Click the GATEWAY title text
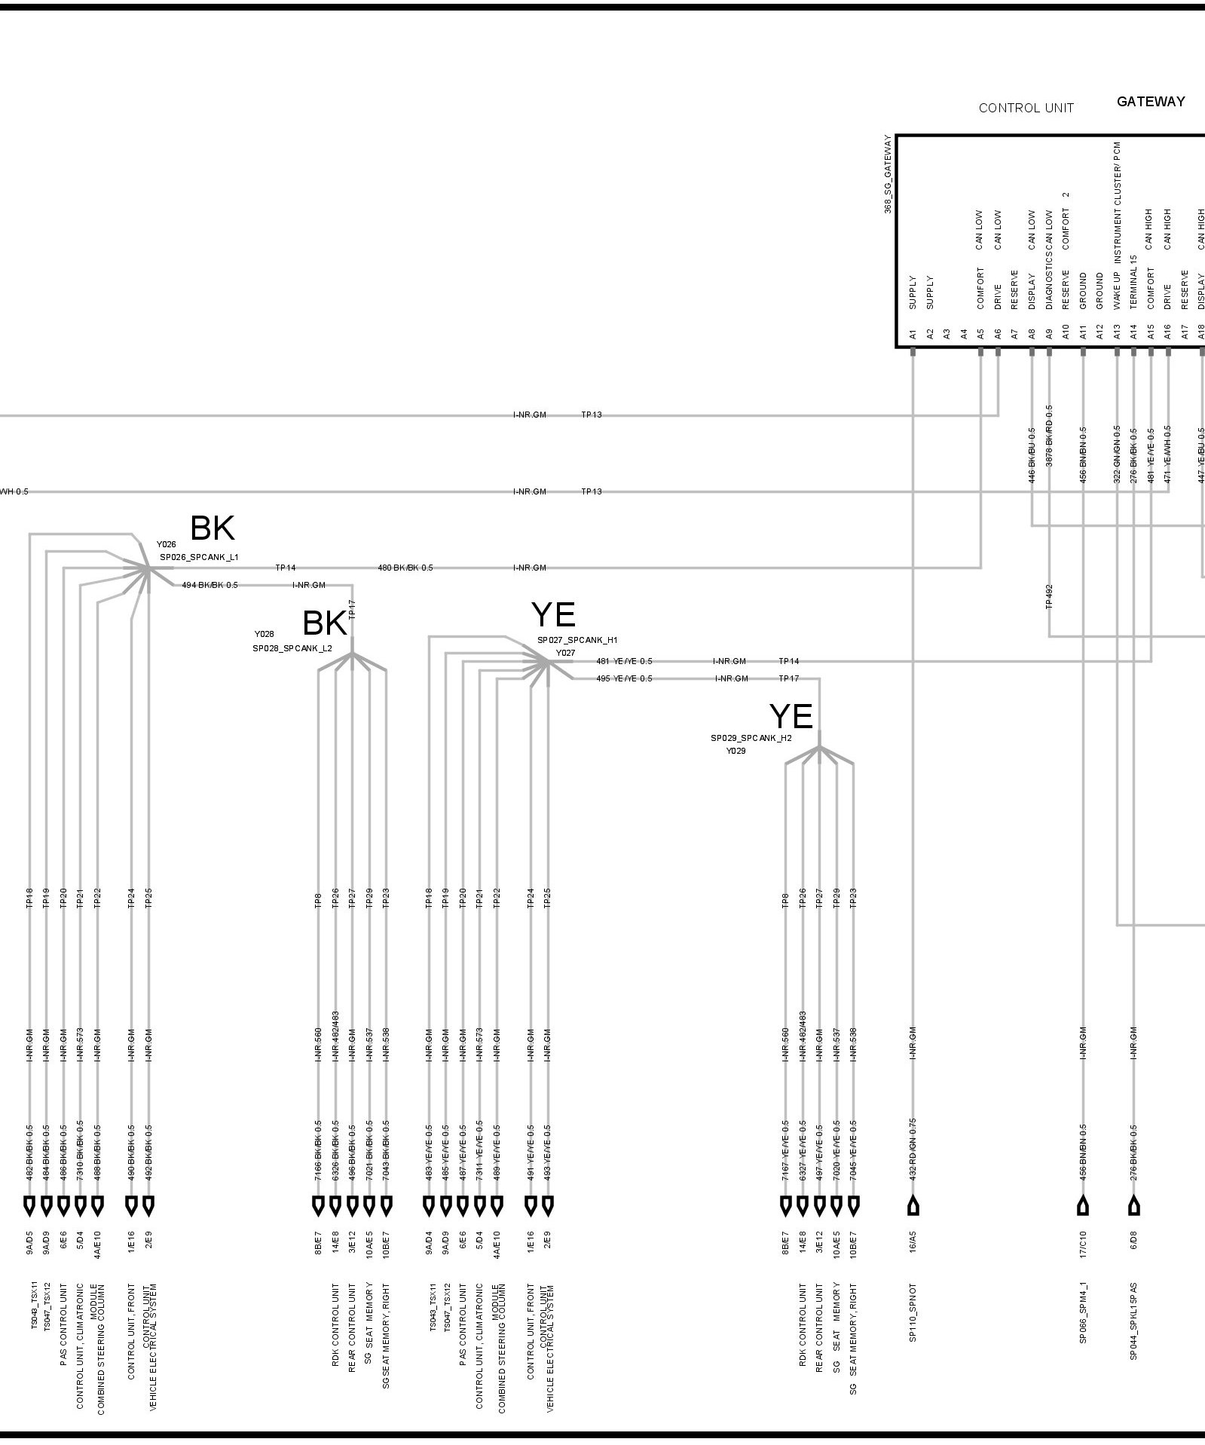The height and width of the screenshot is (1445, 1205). click(1150, 102)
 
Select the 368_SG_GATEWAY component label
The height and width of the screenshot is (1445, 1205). click(888, 175)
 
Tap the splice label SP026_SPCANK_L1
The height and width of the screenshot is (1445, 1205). click(199, 557)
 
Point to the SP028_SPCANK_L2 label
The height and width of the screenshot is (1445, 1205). click(292, 648)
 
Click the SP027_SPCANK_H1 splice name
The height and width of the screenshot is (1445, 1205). click(577, 640)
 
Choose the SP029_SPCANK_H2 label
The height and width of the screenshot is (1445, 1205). click(751, 738)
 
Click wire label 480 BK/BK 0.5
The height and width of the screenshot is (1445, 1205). click(405, 568)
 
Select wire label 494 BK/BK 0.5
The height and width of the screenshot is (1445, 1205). click(209, 585)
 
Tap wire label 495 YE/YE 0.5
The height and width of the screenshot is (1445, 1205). click(624, 678)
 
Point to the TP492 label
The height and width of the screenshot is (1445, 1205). click(1049, 596)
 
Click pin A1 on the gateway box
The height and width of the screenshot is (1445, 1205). click(913, 333)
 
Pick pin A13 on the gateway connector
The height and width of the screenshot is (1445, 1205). click(1117, 333)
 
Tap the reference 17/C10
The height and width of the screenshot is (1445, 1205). click(1083, 1244)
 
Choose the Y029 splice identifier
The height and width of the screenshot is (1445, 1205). click(736, 751)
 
